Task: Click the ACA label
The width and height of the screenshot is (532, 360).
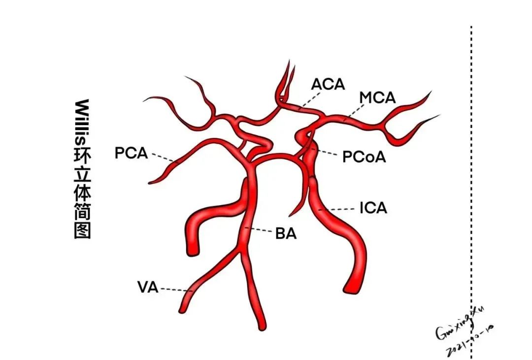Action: [328, 84]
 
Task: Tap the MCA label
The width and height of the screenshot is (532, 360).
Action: [377, 98]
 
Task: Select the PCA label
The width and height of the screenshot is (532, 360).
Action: [131, 153]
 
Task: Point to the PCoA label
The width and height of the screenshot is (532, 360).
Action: [364, 157]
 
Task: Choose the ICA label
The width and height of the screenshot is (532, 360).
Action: [373, 208]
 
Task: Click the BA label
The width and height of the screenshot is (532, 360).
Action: [286, 234]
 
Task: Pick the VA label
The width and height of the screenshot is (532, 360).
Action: [148, 287]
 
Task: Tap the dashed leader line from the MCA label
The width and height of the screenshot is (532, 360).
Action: [353, 112]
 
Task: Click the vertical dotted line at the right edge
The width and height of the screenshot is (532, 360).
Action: [471, 197]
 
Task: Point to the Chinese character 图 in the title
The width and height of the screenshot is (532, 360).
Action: [82, 230]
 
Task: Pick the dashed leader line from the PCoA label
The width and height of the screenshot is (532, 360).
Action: [328, 153]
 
